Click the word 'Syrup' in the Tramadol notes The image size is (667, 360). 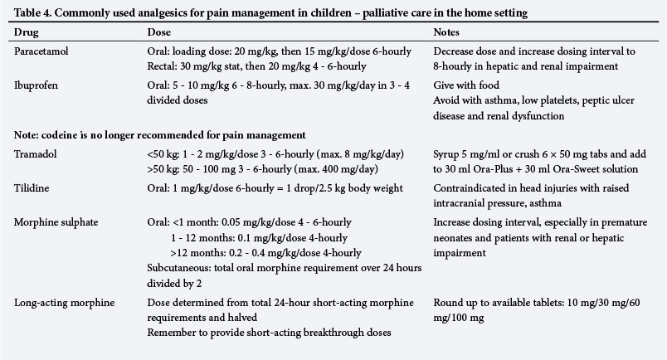coord(448,155)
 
